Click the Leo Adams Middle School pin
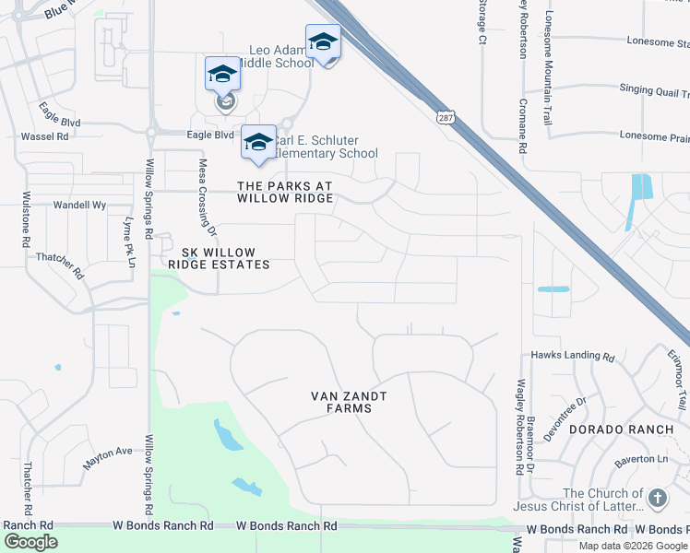click(323, 43)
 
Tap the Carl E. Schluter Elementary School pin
click(259, 143)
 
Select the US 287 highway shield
click(445, 117)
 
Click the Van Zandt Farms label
click(347, 402)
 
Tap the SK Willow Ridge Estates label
click(220, 258)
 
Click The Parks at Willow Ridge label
click(284, 192)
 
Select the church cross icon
click(657, 499)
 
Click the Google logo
click(30, 542)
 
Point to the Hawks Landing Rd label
click(572, 356)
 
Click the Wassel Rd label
click(50, 136)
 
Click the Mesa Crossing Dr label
click(207, 194)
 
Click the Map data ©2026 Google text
click(633, 546)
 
